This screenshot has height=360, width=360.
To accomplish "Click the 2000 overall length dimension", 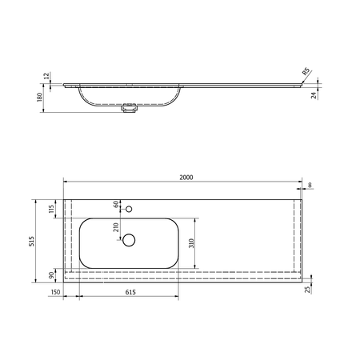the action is click(186, 178).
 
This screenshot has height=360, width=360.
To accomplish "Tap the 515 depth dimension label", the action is click(32, 241).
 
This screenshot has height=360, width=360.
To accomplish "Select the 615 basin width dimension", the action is click(130, 292).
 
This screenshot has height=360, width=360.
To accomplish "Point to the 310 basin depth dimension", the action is click(191, 243).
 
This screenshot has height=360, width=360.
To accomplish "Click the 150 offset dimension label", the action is click(55, 292).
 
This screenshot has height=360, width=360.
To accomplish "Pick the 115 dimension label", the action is click(52, 208).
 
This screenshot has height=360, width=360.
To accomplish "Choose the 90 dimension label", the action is click(51, 275).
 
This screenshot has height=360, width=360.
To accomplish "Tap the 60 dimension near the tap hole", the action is click(116, 204).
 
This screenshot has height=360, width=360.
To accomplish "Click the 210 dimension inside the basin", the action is click(116, 227).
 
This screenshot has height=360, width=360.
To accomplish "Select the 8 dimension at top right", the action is click(310, 185).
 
